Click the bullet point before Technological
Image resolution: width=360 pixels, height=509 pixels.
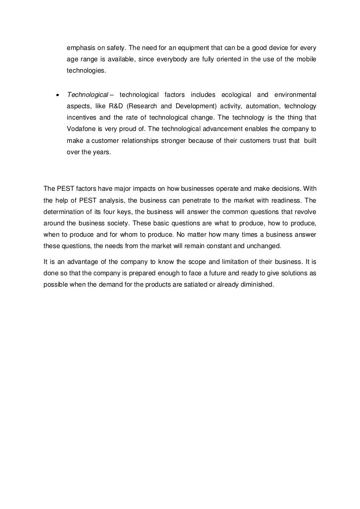click(x=58, y=95)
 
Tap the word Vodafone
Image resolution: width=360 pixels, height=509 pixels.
click(x=81, y=129)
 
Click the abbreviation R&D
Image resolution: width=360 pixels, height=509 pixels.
click(x=113, y=106)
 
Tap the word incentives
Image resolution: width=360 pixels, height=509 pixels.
click(x=82, y=118)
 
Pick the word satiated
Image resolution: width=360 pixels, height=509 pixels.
click(x=193, y=285)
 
